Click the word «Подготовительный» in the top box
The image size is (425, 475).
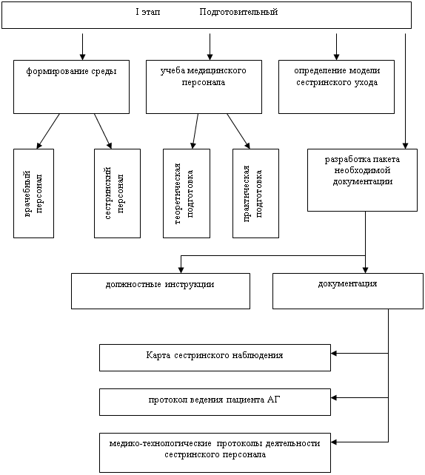[238, 12]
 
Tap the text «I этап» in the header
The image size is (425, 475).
[148, 12]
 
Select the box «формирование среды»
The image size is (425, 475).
[71, 87]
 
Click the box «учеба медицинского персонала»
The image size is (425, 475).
[204, 87]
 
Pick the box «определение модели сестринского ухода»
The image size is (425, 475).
[336, 87]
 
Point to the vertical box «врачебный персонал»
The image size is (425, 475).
[33, 193]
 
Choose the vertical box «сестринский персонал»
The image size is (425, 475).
[117, 193]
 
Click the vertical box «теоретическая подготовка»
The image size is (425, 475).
[187, 193]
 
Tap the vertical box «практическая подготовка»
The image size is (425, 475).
[255, 193]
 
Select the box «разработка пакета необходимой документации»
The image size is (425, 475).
[362, 180]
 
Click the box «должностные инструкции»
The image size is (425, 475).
[161, 291]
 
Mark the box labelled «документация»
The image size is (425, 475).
[348, 291]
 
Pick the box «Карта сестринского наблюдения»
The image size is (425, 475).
[215, 357]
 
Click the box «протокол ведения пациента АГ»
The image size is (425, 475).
[215, 402]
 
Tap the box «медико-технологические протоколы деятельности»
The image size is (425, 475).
[215, 453]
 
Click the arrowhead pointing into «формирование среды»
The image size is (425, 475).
[82, 57]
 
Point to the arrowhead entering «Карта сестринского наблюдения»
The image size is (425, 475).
[334, 353]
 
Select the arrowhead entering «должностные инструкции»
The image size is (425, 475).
[181, 270]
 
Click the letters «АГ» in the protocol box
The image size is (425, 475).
[274, 400]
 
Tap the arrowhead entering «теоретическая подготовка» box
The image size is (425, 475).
[193, 146]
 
